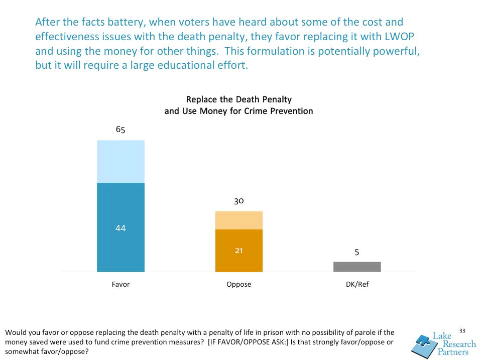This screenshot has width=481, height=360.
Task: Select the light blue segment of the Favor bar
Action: coord(121,161)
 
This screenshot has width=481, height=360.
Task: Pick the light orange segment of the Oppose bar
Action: coord(239,220)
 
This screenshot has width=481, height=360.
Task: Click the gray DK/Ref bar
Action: coord(357,267)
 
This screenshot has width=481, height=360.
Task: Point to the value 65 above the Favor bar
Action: coord(121,130)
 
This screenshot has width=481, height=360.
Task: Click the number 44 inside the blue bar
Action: coord(121,228)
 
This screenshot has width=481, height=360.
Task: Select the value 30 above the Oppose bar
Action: coord(239,201)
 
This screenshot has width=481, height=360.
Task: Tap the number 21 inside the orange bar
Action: coord(239,251)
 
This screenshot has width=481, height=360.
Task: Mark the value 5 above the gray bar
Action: coord(357,253)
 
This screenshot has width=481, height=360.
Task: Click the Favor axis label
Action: coord(121,284)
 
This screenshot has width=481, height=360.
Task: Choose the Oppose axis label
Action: coord(239,284)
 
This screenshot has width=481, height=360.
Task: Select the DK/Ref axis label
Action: coord(357,284)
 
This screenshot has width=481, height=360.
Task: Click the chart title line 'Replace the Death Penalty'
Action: coord(239,99)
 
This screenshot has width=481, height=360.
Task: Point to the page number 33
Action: coord(462,330)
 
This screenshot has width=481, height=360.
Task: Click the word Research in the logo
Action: coord(458,344)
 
